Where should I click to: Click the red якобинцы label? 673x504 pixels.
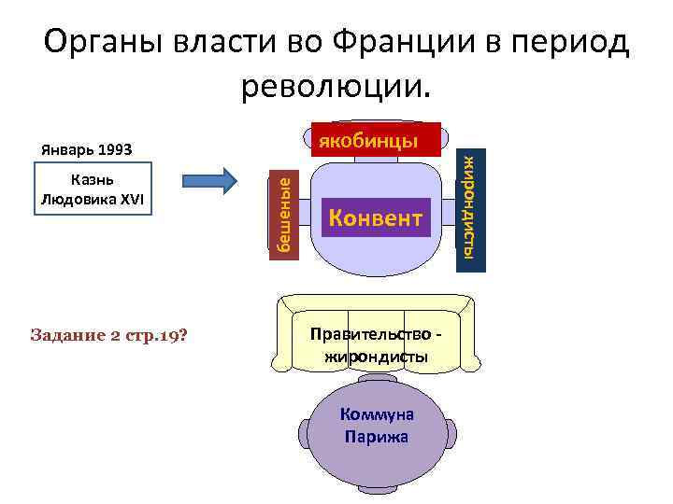[x=376, y=142]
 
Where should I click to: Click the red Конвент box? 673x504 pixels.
[x=375, y=218]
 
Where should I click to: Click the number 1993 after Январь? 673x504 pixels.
[x=114, y=149]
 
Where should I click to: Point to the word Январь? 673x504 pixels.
[x=67, y=149]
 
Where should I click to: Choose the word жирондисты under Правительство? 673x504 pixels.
[x=376, y=356]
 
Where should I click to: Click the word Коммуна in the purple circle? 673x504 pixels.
[x=377, y=416]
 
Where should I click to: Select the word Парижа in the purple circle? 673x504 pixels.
[x=377, y=436]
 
